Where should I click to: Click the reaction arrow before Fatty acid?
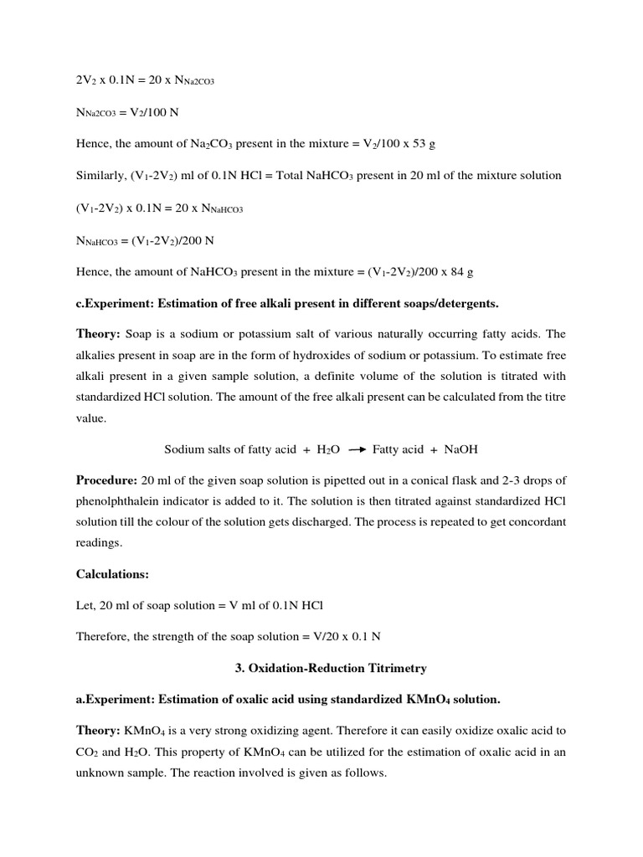(358, 449)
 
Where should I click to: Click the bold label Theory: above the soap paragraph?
(99, 332)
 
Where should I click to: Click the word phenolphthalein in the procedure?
(127, 500)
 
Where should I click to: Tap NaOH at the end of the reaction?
(461, 449)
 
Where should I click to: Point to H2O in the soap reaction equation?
(327, 449)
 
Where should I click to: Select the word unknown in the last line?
(101, 772)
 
